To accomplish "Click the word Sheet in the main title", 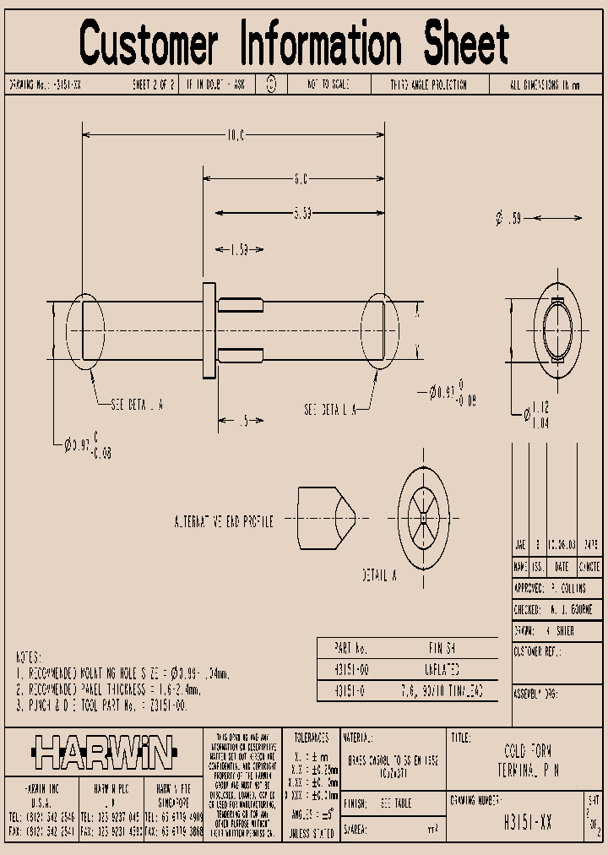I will point(466,44).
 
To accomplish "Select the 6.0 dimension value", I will point(301,178).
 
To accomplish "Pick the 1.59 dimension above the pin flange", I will point(240,249).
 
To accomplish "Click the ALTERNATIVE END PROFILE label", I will point(223,521).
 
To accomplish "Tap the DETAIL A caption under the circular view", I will point(380,575).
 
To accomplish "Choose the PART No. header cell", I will point(351,647).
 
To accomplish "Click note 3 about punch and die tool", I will point(101,705).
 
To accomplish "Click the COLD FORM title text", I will point(527,751).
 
